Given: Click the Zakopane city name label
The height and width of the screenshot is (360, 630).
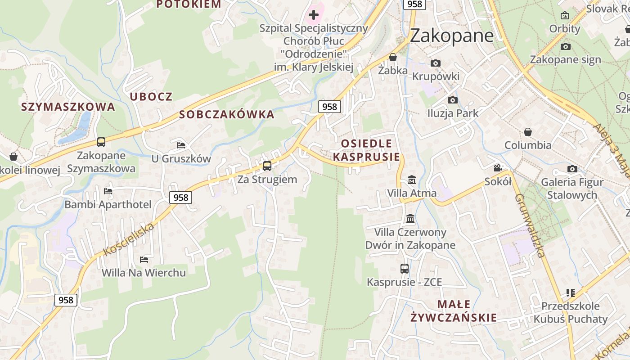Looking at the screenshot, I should click(x=452, y=35).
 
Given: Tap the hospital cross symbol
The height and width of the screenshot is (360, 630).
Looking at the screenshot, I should click(x=314, y=15).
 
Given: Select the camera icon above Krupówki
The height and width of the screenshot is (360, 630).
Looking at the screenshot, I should click(x=435, y=63).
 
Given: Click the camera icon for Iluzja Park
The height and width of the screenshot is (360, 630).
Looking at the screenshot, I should click(x=452, y=100).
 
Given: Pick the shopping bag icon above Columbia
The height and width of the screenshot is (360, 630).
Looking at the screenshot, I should click(x=527, y=132).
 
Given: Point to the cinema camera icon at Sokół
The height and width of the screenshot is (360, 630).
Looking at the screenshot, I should click(x=498, y=168).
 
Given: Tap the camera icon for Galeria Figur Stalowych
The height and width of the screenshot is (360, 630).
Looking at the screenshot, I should click(x=572, y=169).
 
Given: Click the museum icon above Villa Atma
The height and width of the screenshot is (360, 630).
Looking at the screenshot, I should click(x=411, y=180).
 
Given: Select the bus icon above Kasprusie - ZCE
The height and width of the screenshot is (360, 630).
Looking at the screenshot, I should click(x=405, y=269).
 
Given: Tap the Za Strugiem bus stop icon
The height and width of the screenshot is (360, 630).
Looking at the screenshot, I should click(x=267, y=166).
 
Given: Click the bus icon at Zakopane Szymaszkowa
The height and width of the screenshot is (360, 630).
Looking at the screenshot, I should click(x=101, y=142).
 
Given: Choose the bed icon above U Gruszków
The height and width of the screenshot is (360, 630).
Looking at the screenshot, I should click(x=181, y=145).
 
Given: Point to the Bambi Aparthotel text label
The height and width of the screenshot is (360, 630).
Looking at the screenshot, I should click(x=108, y=205).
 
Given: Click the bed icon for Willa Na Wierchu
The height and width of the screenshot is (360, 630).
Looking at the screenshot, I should click(x=144, y=259).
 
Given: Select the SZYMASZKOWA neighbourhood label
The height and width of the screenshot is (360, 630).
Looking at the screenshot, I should click(x=68, y=107).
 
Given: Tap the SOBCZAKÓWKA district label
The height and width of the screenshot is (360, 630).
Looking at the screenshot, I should click(x=227, y=115).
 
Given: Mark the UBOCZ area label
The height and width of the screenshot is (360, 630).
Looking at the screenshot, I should click(x=151, y=97).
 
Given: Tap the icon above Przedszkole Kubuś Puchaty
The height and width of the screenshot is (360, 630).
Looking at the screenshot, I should click(x=571, y=293).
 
